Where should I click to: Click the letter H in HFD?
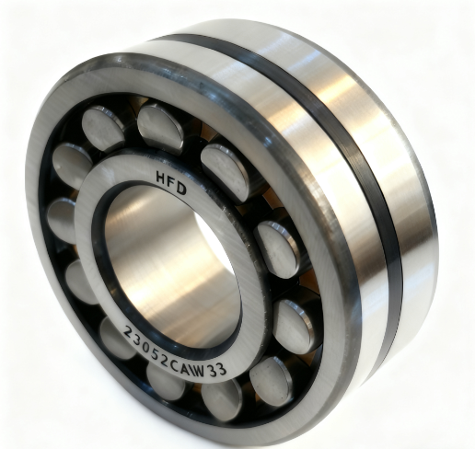point(161,178)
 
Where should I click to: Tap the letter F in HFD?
point(172,182)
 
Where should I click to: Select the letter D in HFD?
point(181,189)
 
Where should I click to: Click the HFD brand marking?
point(171,184)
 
